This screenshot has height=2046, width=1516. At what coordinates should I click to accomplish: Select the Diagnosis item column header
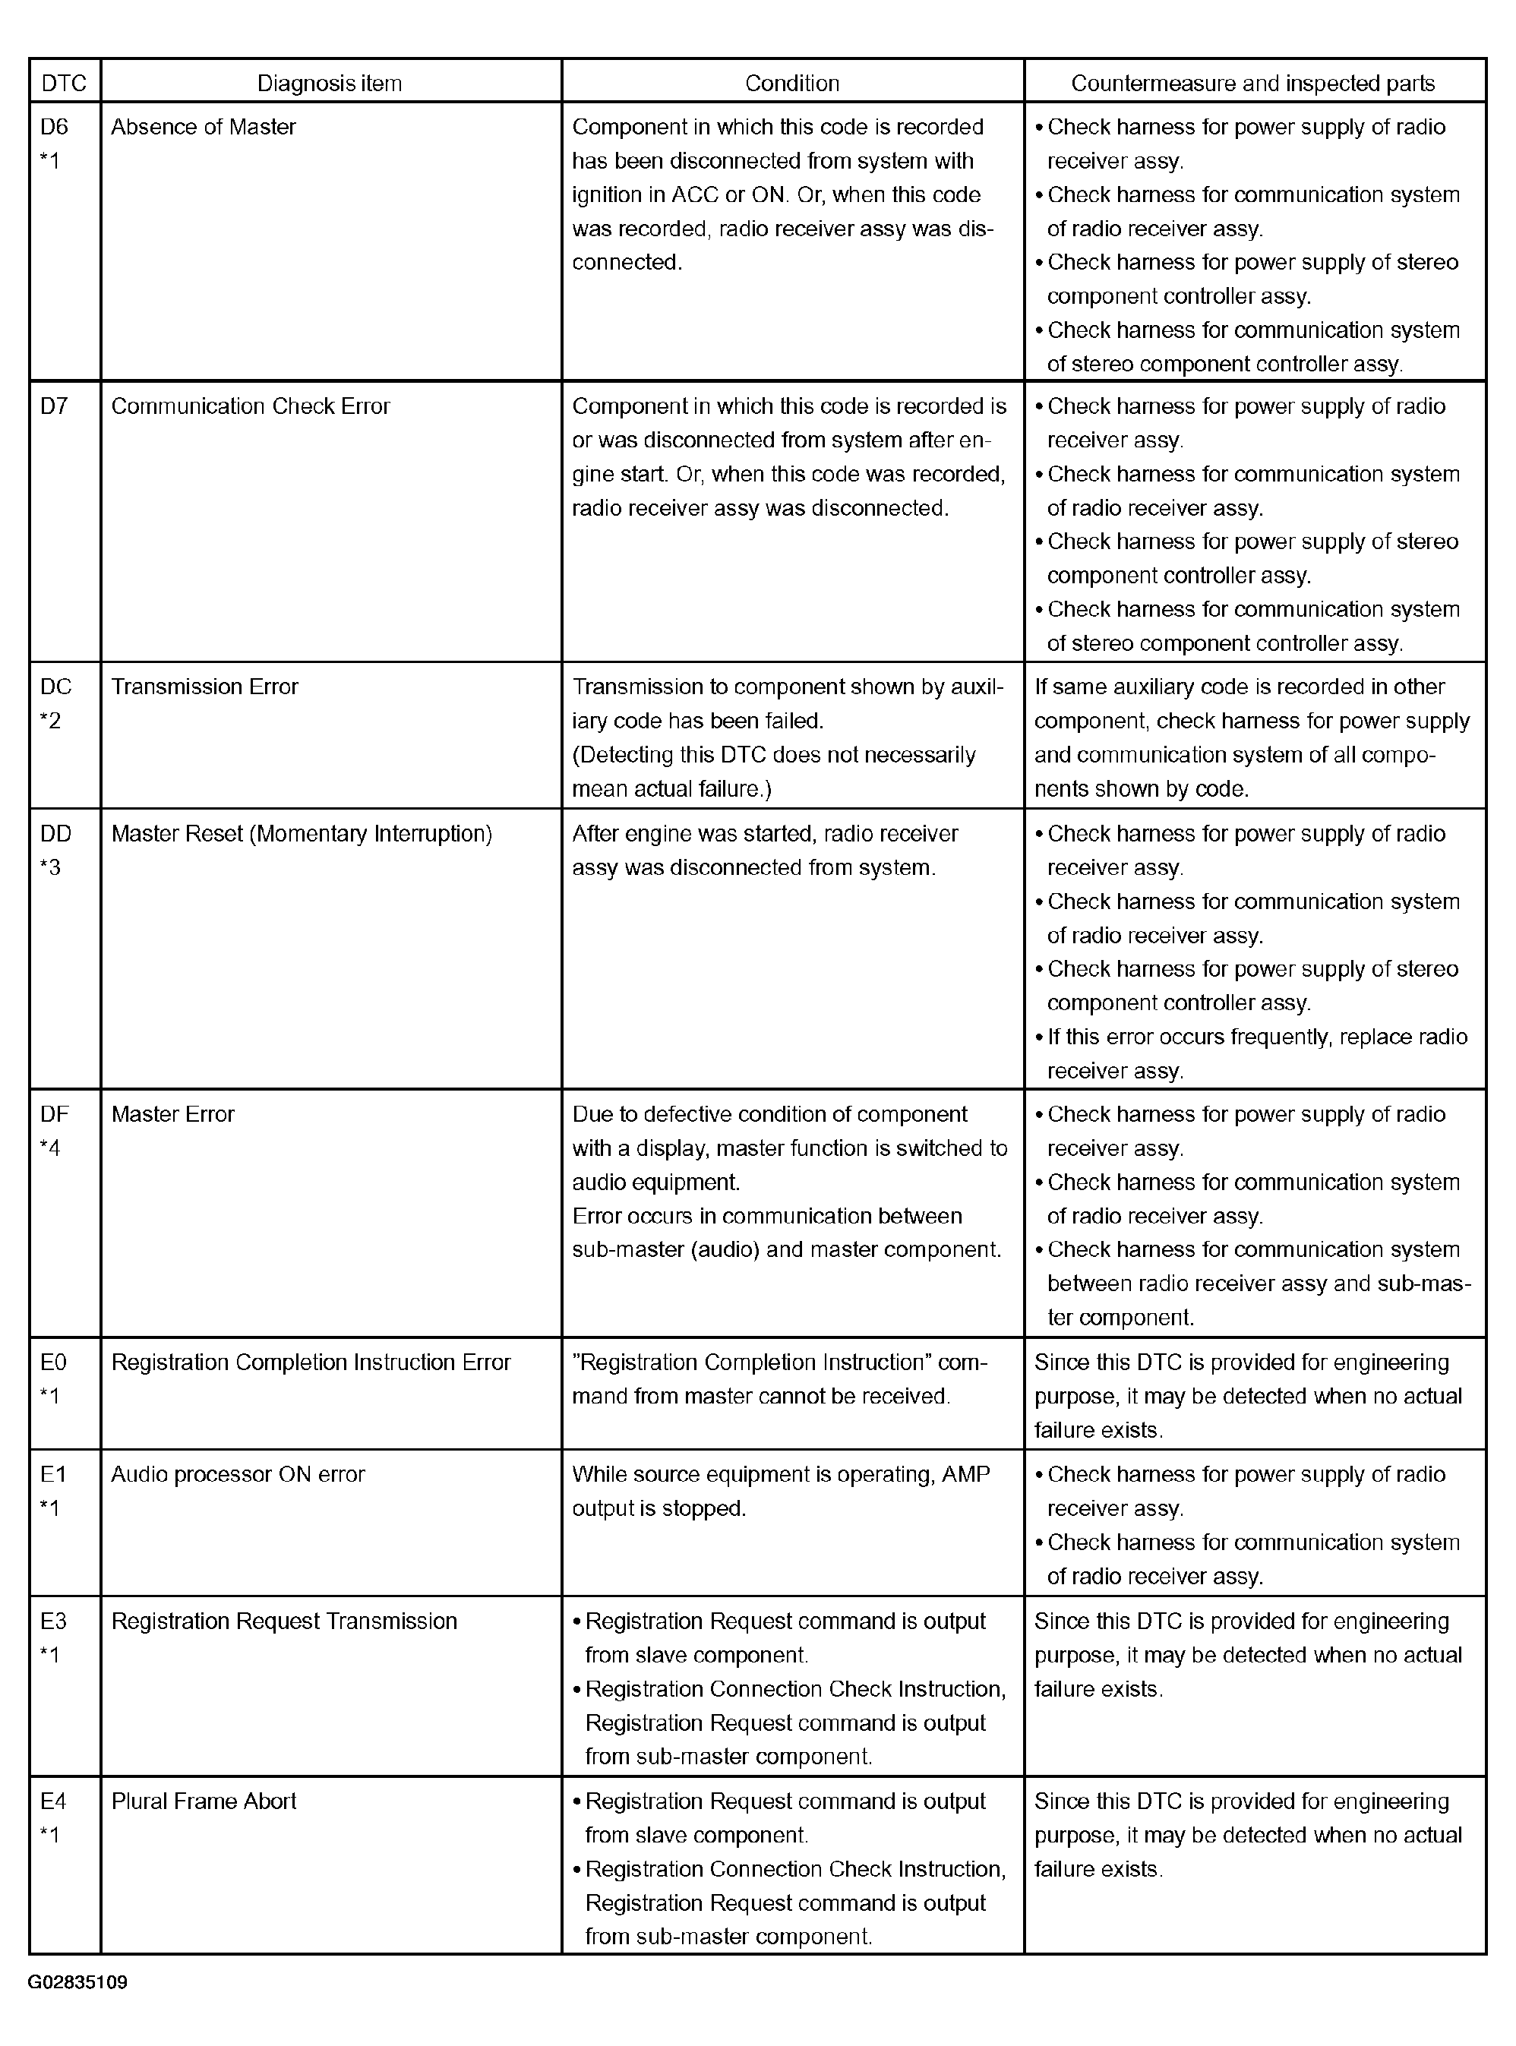[x=330, y=84]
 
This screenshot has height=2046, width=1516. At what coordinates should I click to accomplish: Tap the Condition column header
[x=792, y=84]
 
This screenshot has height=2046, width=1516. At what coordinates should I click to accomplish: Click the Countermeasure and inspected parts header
[x=1252, y=84]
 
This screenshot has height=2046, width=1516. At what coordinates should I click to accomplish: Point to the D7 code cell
[x=54, y=406]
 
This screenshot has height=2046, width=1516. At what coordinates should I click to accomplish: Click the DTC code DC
[x=56, y=687]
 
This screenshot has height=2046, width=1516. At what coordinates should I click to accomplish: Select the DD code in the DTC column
[x=56, y=834]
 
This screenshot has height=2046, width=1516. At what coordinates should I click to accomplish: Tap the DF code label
[x=55, y=1115]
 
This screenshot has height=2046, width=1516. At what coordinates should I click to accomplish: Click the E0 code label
[x=54, y=1362]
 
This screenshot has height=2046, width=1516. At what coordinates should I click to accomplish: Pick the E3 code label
[x=54, y=1621]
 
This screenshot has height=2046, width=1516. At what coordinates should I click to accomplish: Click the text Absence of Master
[x=204, y=127]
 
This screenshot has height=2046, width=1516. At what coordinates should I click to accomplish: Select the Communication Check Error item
[x=251, y=406]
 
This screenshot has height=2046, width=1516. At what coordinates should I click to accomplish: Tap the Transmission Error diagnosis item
[x=204, y=687]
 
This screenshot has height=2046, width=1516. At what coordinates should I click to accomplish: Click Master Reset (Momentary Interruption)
[x=302, y=834]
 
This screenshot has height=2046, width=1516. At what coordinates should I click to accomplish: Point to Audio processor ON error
[x=238, y=1474]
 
